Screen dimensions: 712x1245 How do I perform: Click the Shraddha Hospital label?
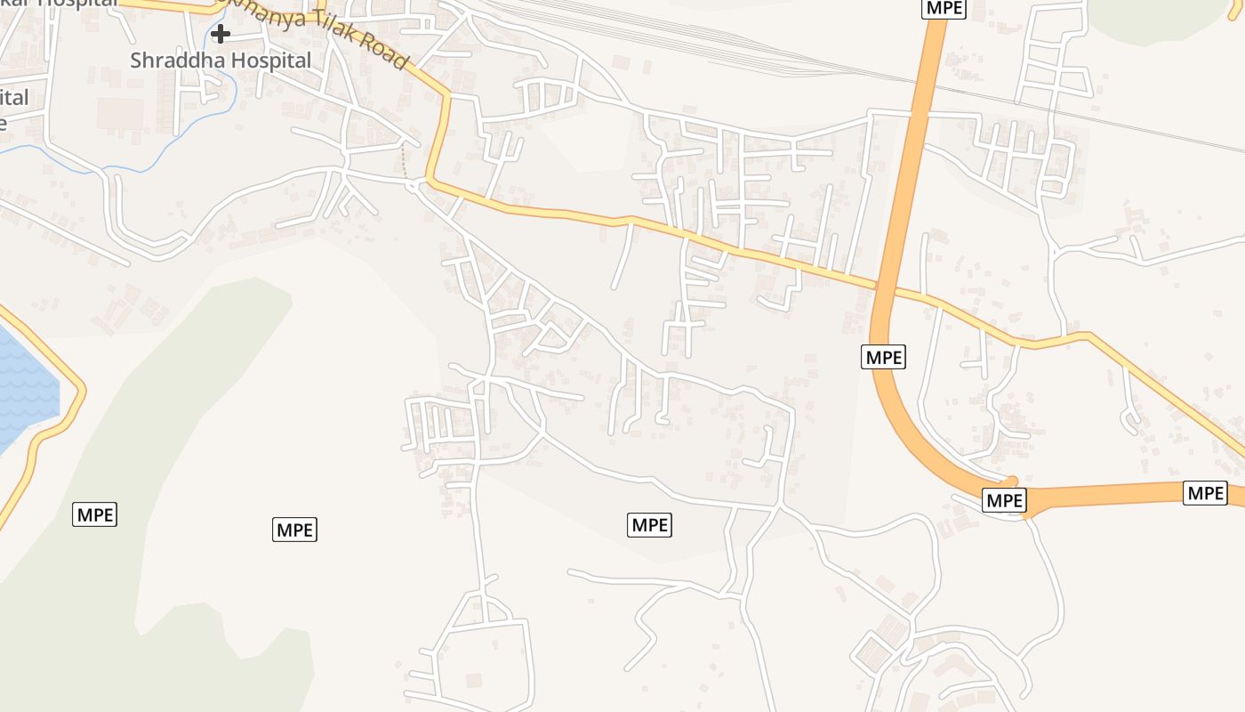[x=221, y=61]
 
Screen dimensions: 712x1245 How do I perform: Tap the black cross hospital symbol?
[x=221, y=34]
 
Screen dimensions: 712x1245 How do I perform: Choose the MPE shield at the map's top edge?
[x=944, y=8]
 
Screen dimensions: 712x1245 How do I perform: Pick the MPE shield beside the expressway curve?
[x=884, y=357]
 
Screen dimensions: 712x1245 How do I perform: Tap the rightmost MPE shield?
[x=1205, y=492]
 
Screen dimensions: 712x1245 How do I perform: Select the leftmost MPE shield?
[x=94, y=514]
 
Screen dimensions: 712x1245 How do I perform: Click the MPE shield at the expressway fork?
[x=1005, y=500]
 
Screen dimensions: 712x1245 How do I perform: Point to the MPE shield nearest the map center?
[x=649, y=525]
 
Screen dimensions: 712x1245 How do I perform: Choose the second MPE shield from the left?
[x=294, y=530]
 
